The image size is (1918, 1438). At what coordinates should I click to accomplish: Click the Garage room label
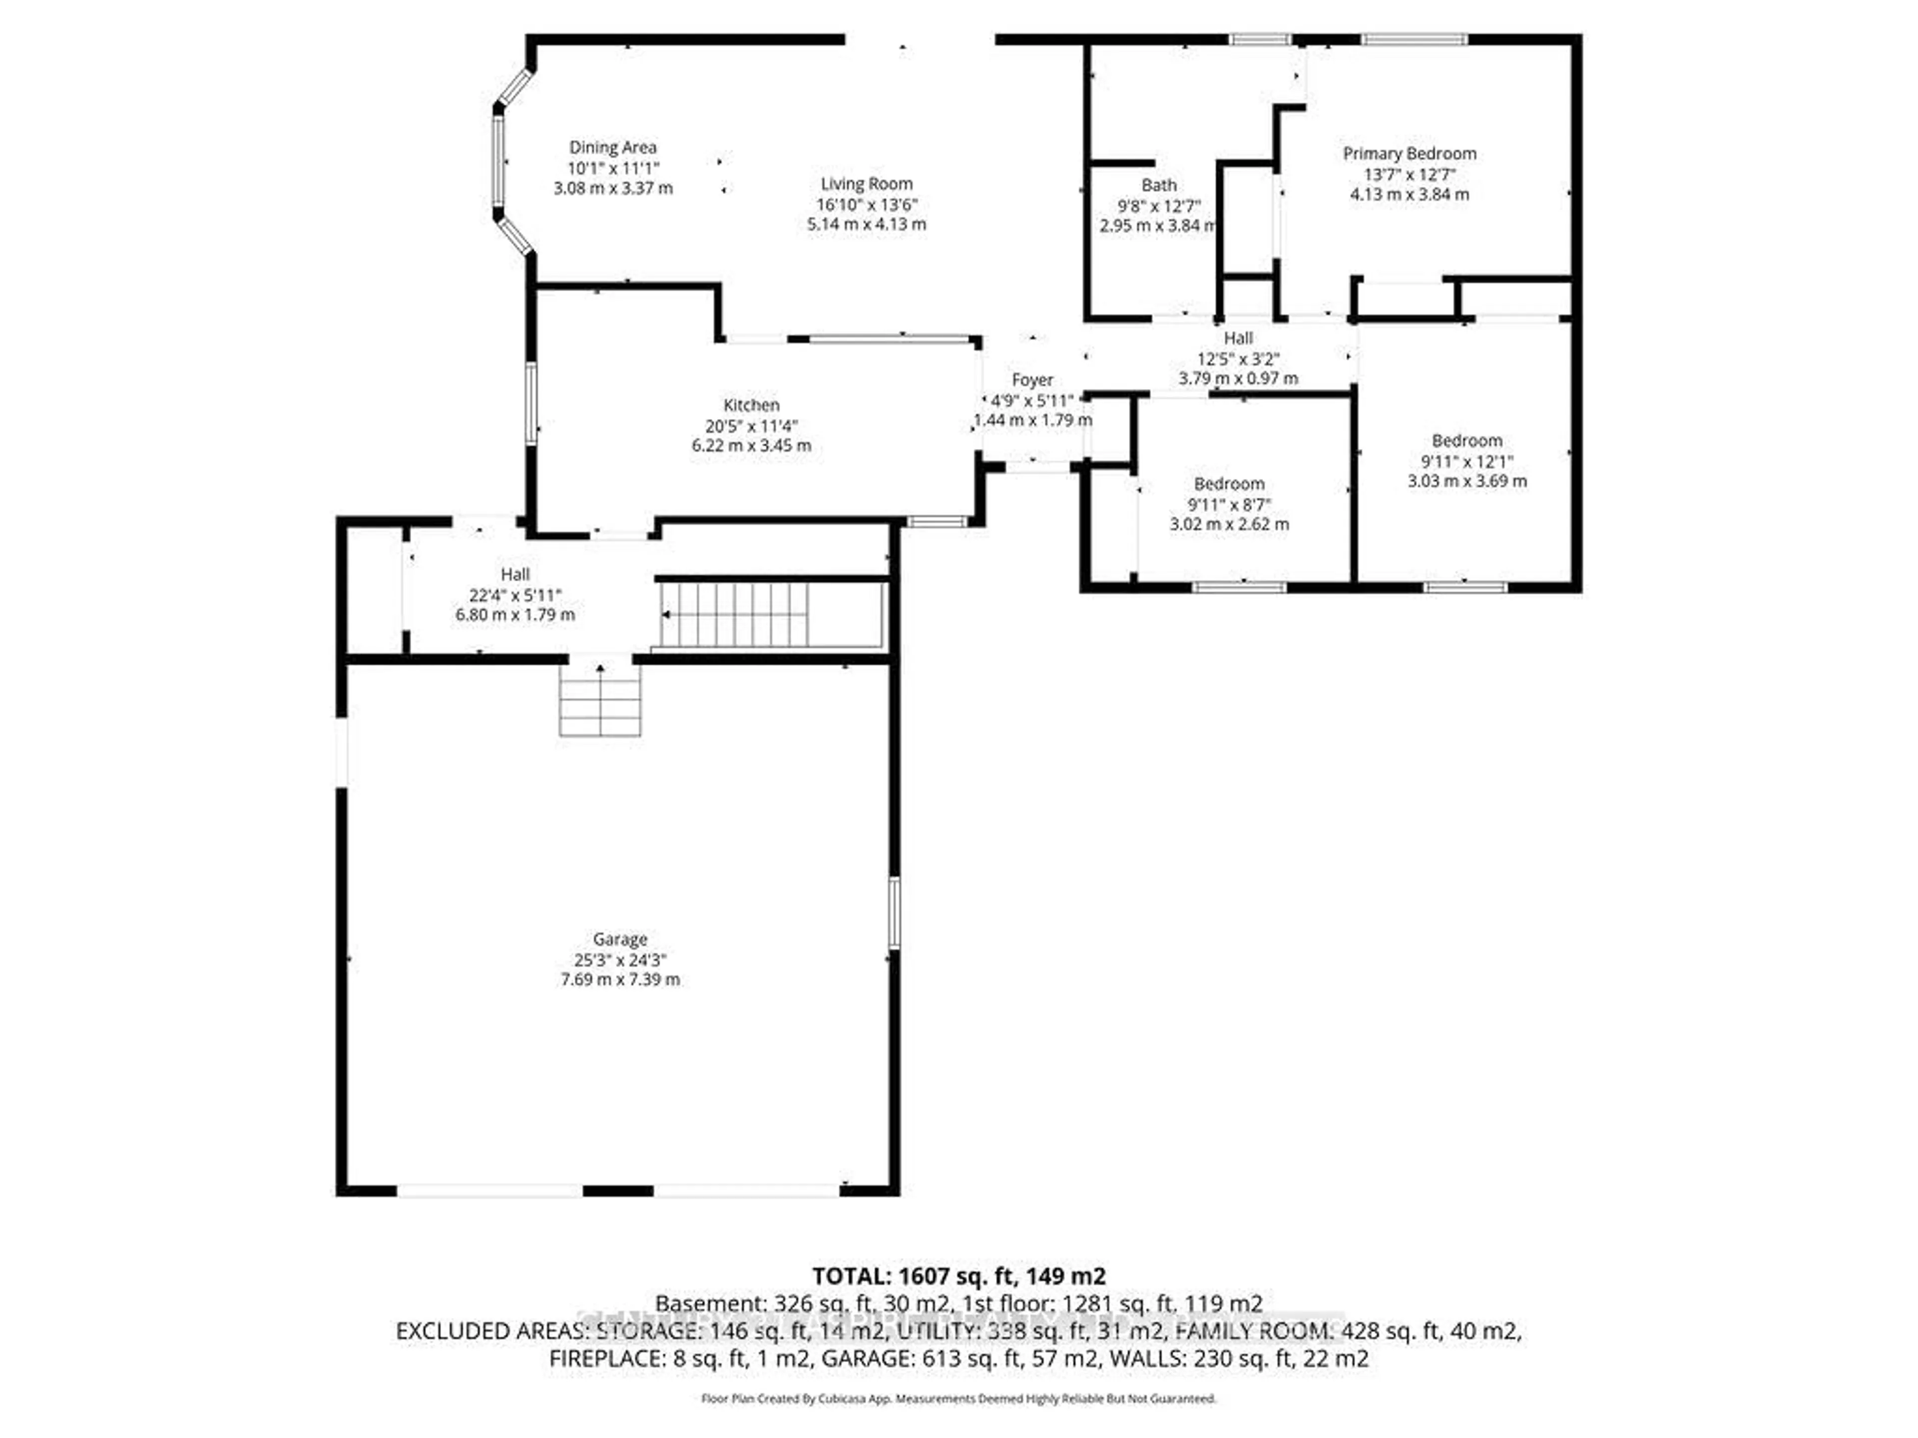click(x=620, y=939)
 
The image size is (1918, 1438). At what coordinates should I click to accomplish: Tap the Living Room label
click(x=866, y=184)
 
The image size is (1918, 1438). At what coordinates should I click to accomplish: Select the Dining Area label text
click(x=612, y=147)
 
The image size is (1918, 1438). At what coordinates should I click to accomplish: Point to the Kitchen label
click(x=751, y=405)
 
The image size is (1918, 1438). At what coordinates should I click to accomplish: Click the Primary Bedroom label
click(x=1409, y=153)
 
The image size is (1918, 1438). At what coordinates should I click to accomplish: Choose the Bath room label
click(x=1158, y=185)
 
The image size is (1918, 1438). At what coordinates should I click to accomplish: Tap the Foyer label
click(x=1032, y=379)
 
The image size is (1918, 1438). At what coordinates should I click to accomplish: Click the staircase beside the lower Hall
click(x=735, y=615)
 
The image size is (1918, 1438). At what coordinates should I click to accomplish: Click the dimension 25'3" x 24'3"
click(x=620, y=960)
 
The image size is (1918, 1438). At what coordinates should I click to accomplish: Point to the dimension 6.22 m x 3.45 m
click(x=751, y=445)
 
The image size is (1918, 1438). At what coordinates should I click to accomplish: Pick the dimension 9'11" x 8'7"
click(x=1229, y=504)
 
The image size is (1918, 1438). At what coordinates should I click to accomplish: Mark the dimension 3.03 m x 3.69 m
click(x=1466, y=481)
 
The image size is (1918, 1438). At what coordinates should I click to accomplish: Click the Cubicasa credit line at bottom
click(x=958, y=1398)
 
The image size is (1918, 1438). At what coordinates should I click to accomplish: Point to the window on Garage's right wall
click(x=894, y=913)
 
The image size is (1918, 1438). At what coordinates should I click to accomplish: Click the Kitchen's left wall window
click(x=530, y=404)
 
